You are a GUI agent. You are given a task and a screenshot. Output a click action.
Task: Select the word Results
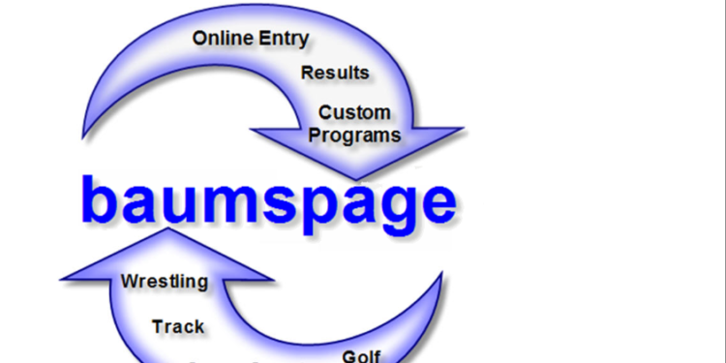coord(335,73)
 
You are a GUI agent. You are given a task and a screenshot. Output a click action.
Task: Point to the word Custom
coord(355,112)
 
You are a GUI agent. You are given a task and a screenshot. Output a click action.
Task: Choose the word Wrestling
coord(165,282)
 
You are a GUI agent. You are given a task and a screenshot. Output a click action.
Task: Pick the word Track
coord(178,326)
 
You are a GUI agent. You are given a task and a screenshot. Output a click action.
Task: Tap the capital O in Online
coord(201,39)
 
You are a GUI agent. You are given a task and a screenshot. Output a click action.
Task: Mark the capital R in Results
coord(309,73)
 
